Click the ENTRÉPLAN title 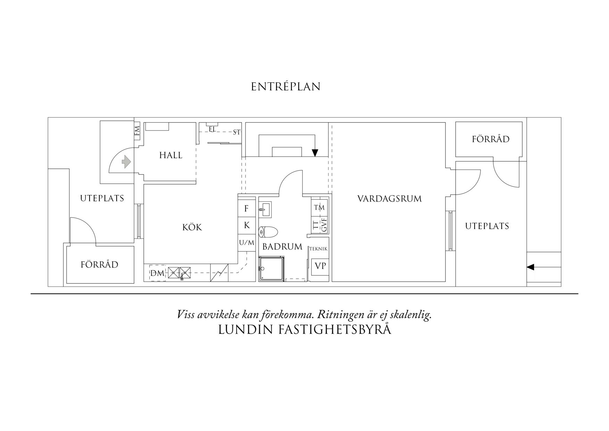(285, 87)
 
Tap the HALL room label (170, 155)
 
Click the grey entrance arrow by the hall (126, 162)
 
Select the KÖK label (192, 227)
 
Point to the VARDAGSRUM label (389, 199)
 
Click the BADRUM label (282, 247)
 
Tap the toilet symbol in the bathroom (268, 231)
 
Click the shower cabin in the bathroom (271, 269)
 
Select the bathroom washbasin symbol (266, 210)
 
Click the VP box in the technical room (320, 266)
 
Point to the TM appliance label (319, 208)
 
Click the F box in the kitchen (247, 209)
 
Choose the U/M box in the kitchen (247, 243)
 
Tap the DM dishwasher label (158, 274)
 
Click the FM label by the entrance (137, 131)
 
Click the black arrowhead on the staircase (315, 153)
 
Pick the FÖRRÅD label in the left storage (99, 265)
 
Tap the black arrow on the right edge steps (531, 267)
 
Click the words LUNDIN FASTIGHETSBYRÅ (304, 330)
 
